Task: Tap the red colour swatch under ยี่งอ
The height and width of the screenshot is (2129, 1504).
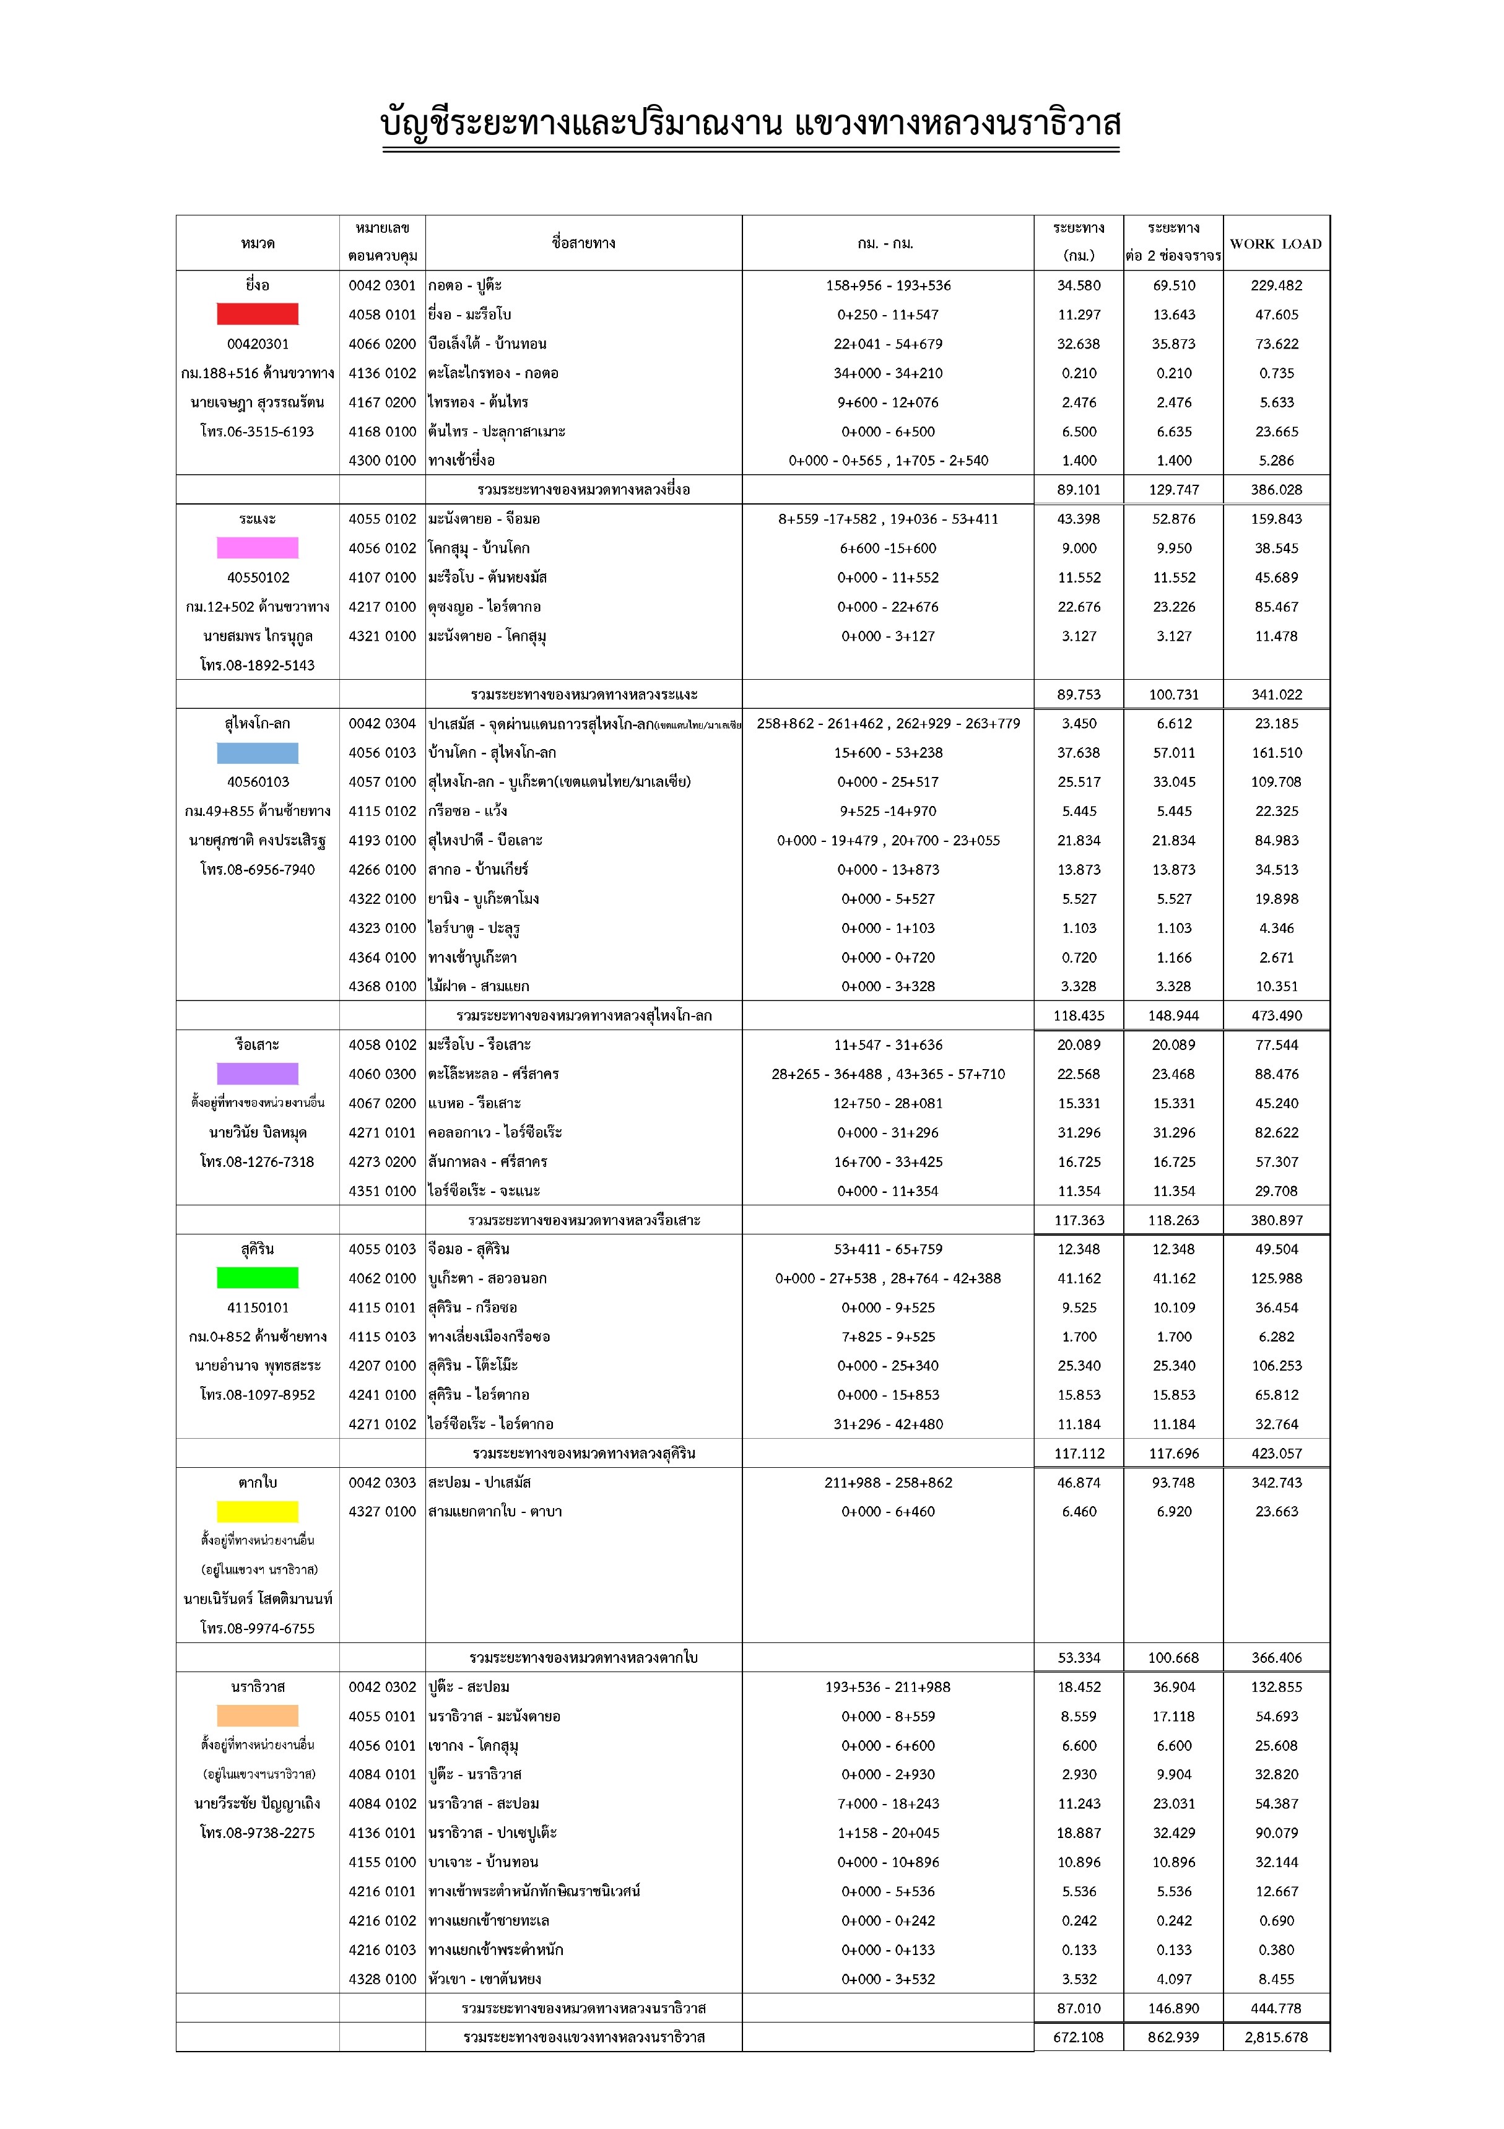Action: tap(257, 314)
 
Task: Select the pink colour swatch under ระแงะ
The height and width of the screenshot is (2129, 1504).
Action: tap(257, 548)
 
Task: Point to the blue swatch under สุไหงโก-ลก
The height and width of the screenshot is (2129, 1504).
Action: tap(257, 753)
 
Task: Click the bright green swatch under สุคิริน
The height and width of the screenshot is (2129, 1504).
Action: tap(257, 1278)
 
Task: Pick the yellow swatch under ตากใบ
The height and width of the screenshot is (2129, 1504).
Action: tap(257, 1511)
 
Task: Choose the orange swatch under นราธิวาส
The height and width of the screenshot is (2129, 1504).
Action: tap(257, 1715)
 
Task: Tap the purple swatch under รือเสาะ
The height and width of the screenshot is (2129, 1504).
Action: tap(257, 1073)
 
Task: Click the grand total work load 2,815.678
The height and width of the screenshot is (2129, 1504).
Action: tap(1276, 2037)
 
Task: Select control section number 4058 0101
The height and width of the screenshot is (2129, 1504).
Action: tap(382, 314)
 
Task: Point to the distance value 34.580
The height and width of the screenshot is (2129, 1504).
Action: tap(1079, 285)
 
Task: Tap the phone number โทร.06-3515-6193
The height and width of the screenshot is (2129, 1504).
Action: tap(257, 431)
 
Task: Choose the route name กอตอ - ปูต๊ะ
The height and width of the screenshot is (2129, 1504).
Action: tap(466, 285)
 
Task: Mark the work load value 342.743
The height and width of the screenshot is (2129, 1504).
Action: tap(1276, 1483)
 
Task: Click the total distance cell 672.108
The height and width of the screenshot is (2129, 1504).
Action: tap(1079, 2037)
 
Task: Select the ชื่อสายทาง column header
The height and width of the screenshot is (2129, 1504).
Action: tap(583, 243)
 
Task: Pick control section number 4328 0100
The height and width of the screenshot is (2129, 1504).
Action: tap(382, 1979)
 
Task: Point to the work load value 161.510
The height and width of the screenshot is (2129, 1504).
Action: tap(1276, 753)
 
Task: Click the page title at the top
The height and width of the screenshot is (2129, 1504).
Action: tap(751, 123)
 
